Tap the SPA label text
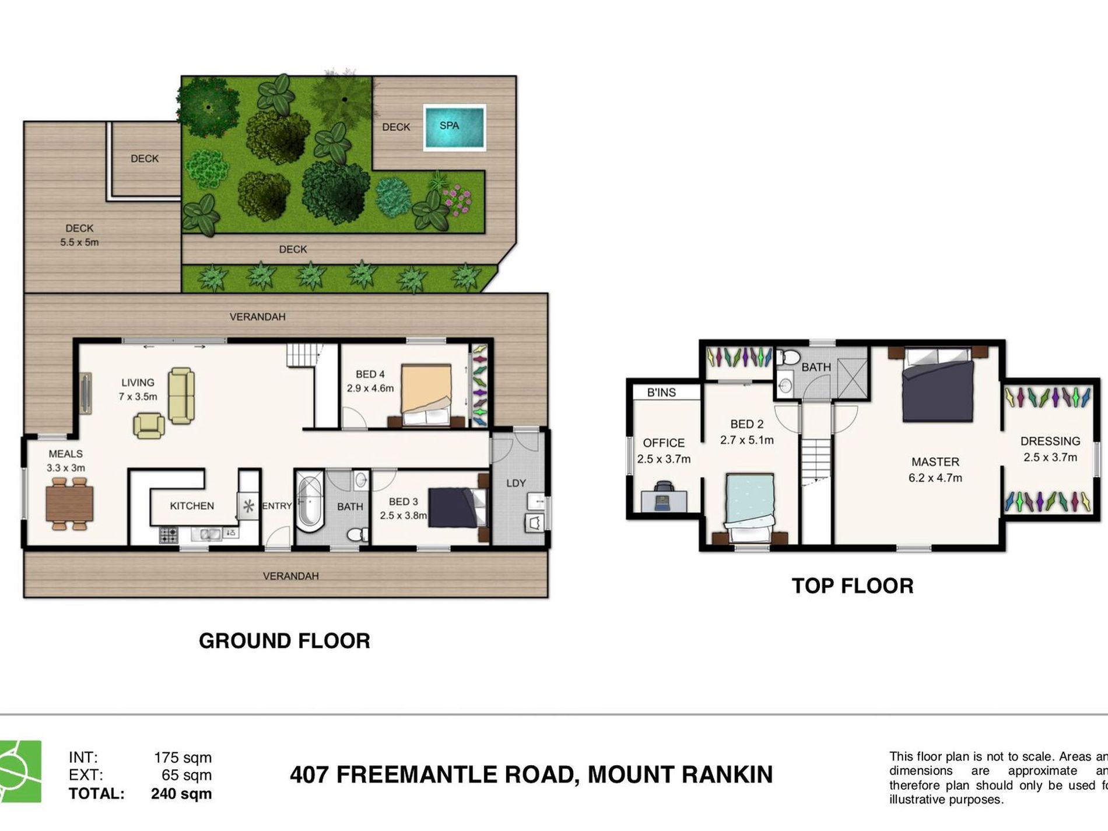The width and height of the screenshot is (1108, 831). click(x=449, y=125)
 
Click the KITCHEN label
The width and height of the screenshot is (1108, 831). click(x=192, y=506)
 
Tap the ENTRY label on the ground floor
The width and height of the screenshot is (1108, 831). click(x=276, y=506)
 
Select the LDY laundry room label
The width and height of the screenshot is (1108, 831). click(x=516, y=483)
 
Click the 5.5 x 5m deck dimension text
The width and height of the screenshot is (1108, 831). click(x=79, y=242)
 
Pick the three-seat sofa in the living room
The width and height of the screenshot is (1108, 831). click(x=181, y=395)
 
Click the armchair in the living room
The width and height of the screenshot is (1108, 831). click(x=149, y=425)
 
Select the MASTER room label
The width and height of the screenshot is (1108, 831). click(x=935, y=462)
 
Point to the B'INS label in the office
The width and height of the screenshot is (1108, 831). click(x=661, y=392)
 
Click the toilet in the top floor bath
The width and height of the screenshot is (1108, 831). click(x=790, y=356)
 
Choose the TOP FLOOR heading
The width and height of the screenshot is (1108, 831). click(x=852, y=585)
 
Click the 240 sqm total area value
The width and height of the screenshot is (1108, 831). click(x=181, y=794)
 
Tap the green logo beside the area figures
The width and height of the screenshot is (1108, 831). click(x=20, y=771)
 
